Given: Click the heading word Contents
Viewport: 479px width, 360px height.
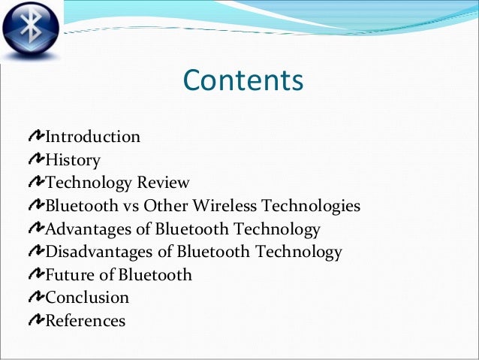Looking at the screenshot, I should click(243, 80).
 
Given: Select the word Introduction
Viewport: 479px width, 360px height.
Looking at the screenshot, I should click(93, 137).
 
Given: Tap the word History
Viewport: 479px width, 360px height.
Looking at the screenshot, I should click(73, 160).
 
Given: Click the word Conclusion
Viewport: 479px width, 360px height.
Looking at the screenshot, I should click(87, 298).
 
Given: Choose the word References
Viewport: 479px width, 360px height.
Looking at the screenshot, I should click(86, 321).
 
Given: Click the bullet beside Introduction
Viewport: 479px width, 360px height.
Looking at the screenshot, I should click(35, 137).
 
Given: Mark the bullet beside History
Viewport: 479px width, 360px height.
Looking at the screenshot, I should click(35, 159).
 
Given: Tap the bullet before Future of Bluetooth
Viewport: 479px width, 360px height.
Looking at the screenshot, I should click(35, 274).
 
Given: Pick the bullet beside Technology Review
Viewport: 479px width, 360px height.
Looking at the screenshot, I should click(35, 183).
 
